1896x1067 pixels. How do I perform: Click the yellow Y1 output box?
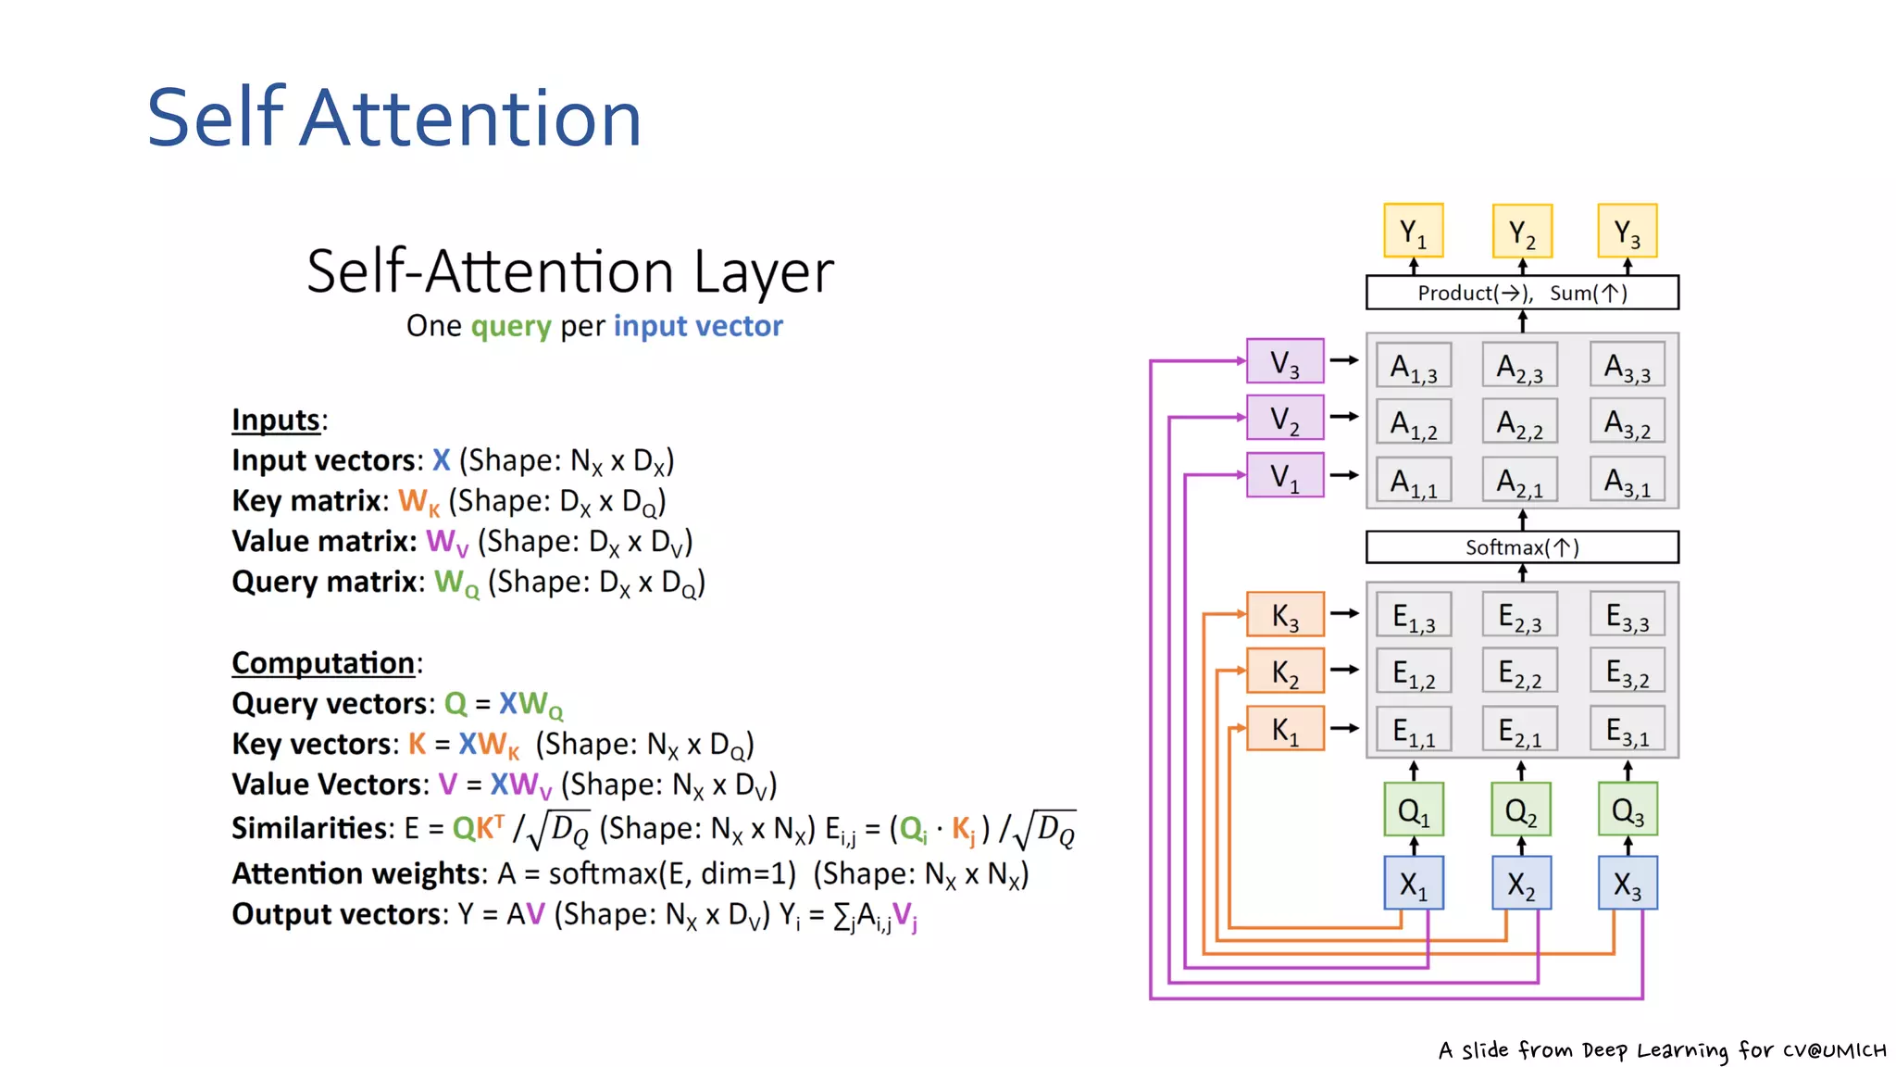point(1413,231)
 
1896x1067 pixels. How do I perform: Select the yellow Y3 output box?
point(1627,231)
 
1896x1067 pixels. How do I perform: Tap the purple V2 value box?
point(1284,418)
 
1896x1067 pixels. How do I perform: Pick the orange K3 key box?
point(1284,614)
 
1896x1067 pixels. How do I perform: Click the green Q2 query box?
point(1520,810)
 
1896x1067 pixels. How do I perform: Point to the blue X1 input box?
point(1413,884)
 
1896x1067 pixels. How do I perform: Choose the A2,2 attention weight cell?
point(1520,422)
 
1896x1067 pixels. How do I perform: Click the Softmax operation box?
point(1521,547)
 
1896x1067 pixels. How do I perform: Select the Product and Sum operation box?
point(1521,293)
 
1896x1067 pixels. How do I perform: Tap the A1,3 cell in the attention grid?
point(1414,366)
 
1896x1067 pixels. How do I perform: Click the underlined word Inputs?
point(276,420)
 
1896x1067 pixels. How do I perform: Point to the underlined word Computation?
point(322,663)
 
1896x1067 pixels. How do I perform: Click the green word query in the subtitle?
point(511,326)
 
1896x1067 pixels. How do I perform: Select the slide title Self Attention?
point(394,118)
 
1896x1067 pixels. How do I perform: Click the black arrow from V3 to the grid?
point(1344,360)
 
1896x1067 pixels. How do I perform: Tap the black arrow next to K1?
point(1344,729)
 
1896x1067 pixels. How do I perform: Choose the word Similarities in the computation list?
point(313,828)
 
